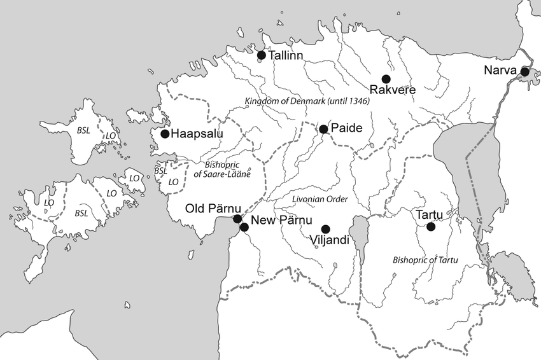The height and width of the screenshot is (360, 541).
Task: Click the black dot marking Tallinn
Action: click(261, 55)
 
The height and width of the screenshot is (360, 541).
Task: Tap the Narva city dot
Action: click(524, 72)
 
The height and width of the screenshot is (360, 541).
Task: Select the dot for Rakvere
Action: click(386, 79)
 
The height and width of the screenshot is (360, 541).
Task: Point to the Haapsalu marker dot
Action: click(165, 134)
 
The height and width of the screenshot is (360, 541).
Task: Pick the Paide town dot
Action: click(323, 129)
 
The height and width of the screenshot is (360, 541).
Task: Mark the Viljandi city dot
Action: click(326, 229)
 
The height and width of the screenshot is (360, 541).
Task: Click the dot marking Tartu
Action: click(431, 226)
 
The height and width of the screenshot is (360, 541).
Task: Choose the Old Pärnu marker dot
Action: click(237, 219)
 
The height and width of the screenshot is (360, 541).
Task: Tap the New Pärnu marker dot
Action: click(244, 227)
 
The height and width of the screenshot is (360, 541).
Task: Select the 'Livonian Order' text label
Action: click(320, 199)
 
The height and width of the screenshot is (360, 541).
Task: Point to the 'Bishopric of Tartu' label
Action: click(426, 260)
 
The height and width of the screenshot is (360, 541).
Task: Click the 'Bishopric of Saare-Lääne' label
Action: click(222, 169)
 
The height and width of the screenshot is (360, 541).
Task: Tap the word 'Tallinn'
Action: click(286, 55)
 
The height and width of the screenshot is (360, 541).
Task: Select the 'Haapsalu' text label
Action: click(195, 134)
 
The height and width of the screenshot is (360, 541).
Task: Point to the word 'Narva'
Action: click(499, 70)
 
